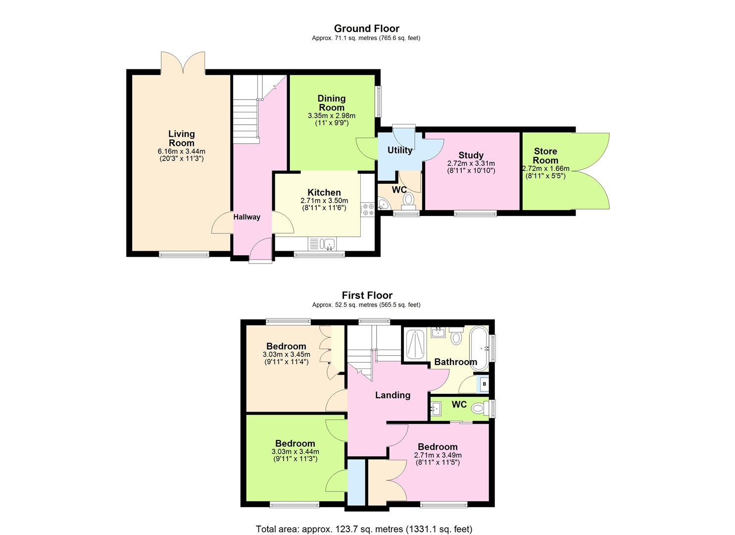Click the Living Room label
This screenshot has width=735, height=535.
pyautogui.click(x=181, y=138)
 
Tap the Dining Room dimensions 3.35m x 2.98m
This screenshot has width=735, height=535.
pyautogui.click(x=331, y=116)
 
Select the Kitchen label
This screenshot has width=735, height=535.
pyautogui.click(x=324, y=193)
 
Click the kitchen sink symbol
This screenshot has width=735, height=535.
pyautogui.click(x=327, y=243)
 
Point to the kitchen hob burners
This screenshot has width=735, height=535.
pyautogui.click(x=367, y=210)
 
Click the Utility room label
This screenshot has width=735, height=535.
pyautogui.click(x=399, y=150)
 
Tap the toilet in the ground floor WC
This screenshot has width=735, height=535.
pyautogui.click(x=408, y=200)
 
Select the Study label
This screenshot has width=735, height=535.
pyautogui.click(x=471, y=155)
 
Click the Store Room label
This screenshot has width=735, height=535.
pyautogui.click(x=545, y=156)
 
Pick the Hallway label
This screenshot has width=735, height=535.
pyautogui.click(x=246, y=217)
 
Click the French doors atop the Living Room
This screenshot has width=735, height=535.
pyautogui.click(x=183, y=63)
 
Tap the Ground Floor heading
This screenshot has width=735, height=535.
pyautogui.click(x=366, y=28)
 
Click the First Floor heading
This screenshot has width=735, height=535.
pyautogui.click(x=367, y=296)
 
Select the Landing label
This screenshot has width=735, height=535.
pyautogui.click(x=392, y=395)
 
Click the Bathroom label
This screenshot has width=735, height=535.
pyautogui.click(x=455, y=362)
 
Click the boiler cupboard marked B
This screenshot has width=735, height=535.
pyautogui.click(x=485, y=384)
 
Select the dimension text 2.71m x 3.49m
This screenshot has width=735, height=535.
pyautogui.click(x=438, y=455)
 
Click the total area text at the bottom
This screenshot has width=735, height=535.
pyautogui.click(x=364, y=529)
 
